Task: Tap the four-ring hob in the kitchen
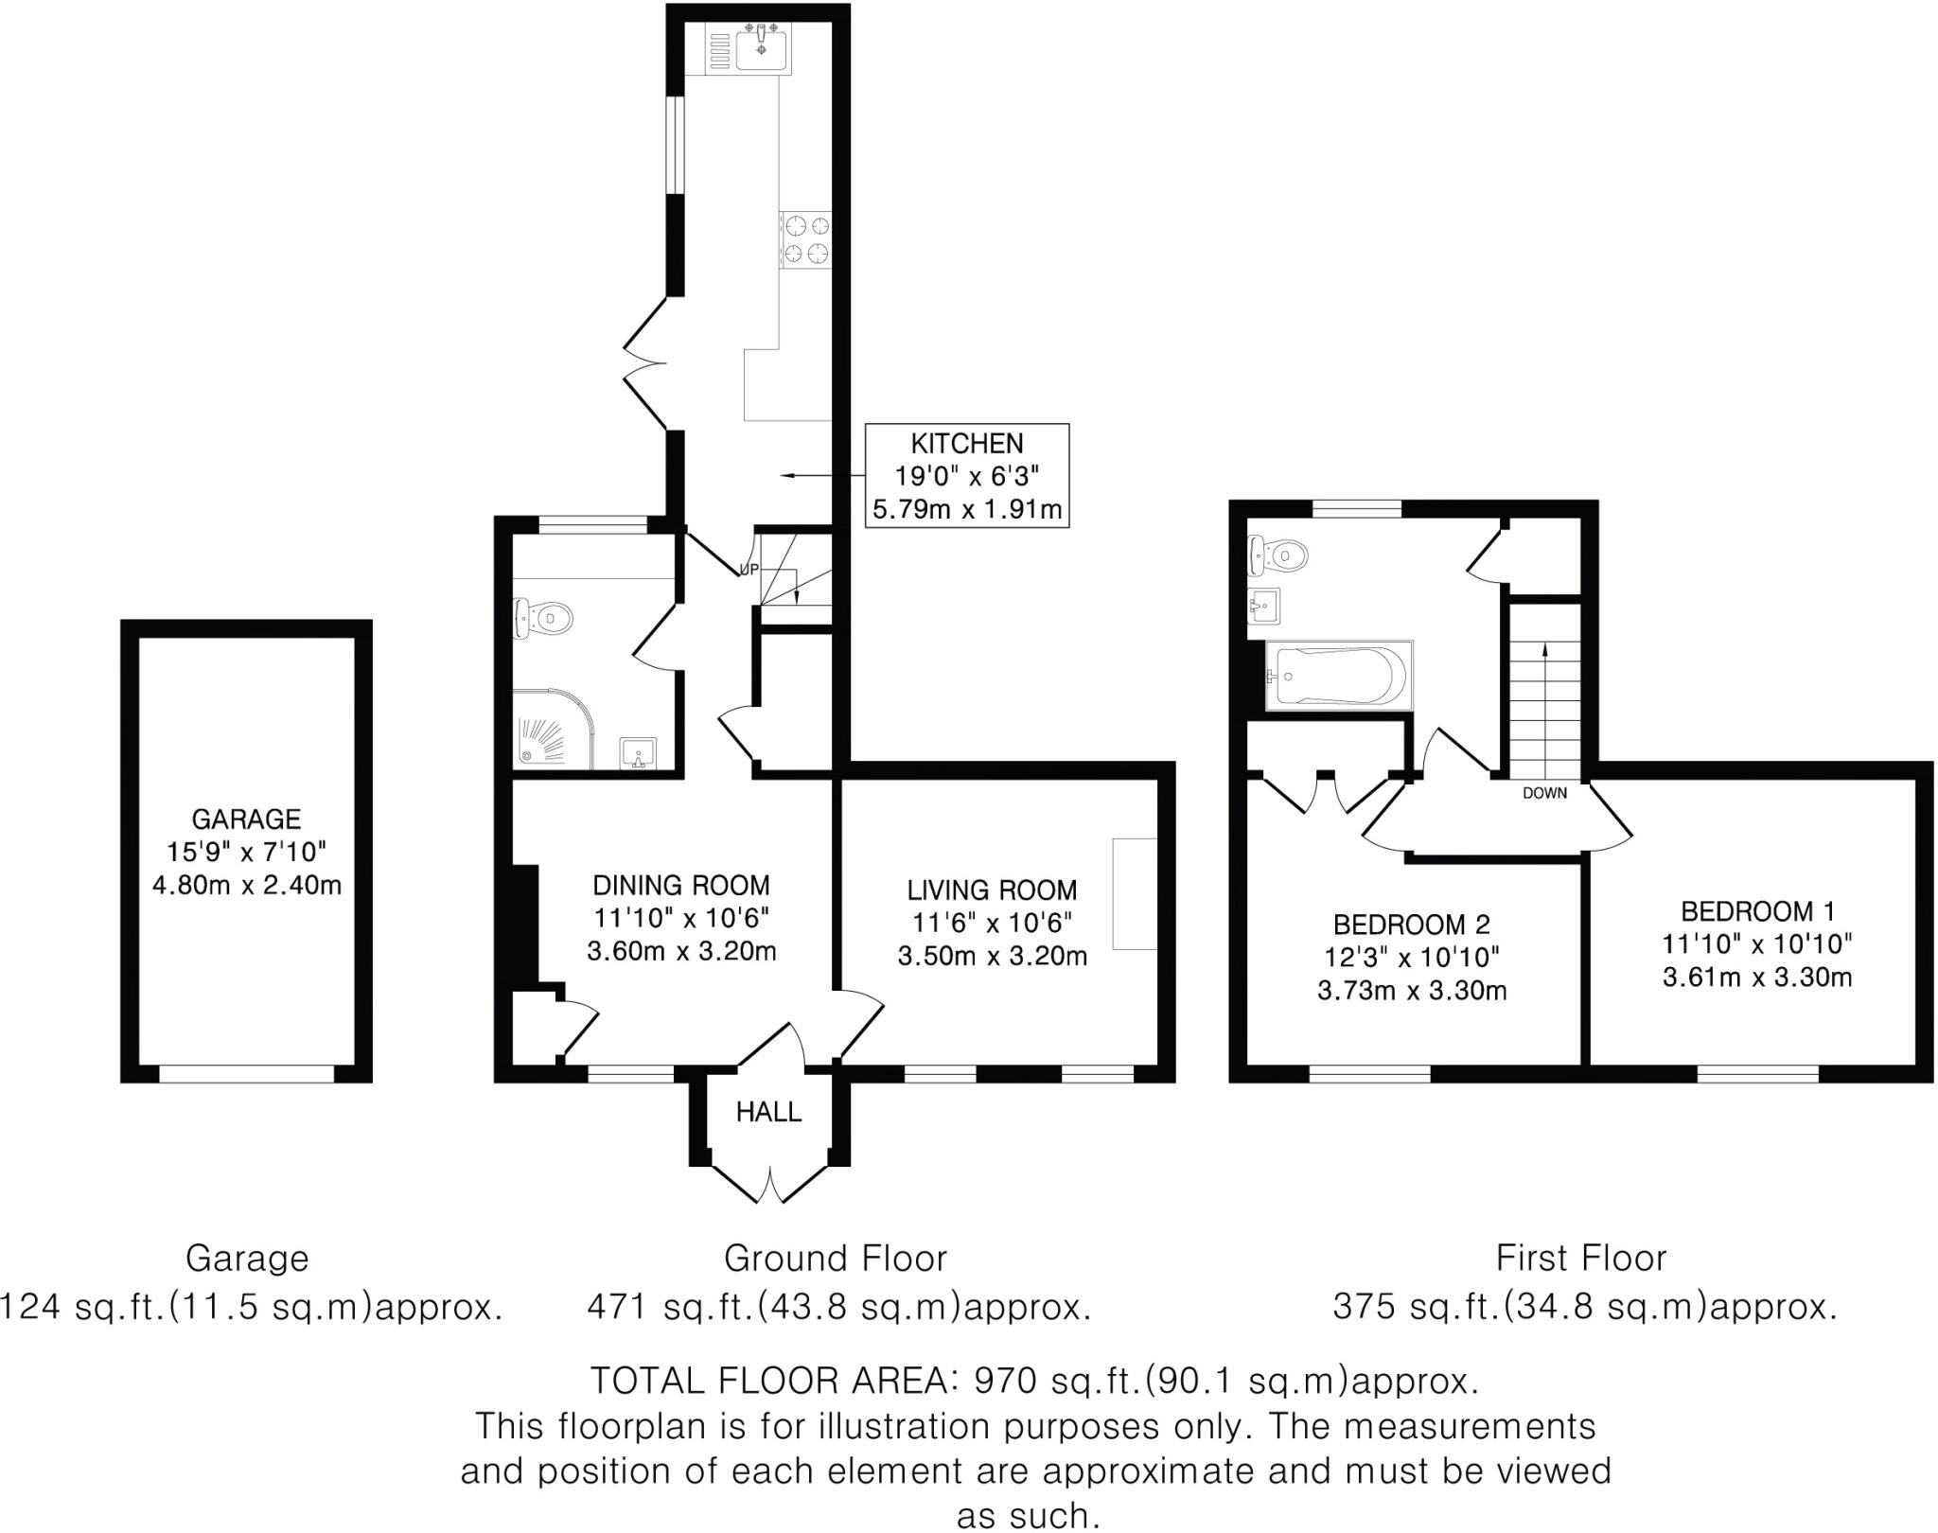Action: click(x=805, y=239)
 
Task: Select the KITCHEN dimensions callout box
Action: click(x=967, y=476)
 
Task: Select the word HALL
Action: click(x=768, y=1112)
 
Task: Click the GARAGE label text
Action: click(x=246, y=819)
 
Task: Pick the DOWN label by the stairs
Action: click(x=1544, y=793)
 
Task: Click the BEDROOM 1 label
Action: click(x=1757, y=910)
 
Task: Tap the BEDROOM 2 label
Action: click(x=1411, y=924)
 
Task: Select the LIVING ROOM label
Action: click(x=992, y=890)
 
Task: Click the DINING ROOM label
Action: click(x=680, y=885)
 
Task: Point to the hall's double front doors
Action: click(x=769, y=1184)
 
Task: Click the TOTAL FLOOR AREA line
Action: click(x=1033, y=1381)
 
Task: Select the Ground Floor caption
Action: click(x=835, y=1259)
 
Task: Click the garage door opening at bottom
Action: click(x=246, y=1073)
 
